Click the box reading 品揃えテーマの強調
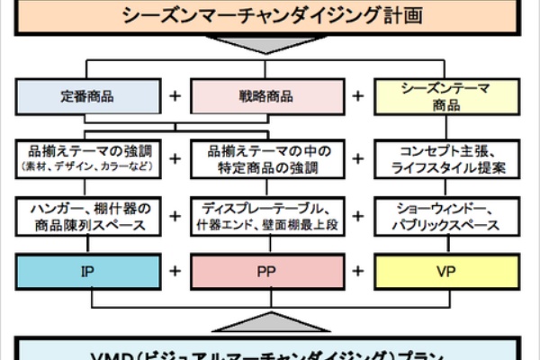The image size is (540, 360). coord(87,158)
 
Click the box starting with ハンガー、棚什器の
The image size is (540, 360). coord(87,216)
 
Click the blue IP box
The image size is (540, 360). coord(87,271)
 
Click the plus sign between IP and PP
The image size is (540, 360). coord(175,271)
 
